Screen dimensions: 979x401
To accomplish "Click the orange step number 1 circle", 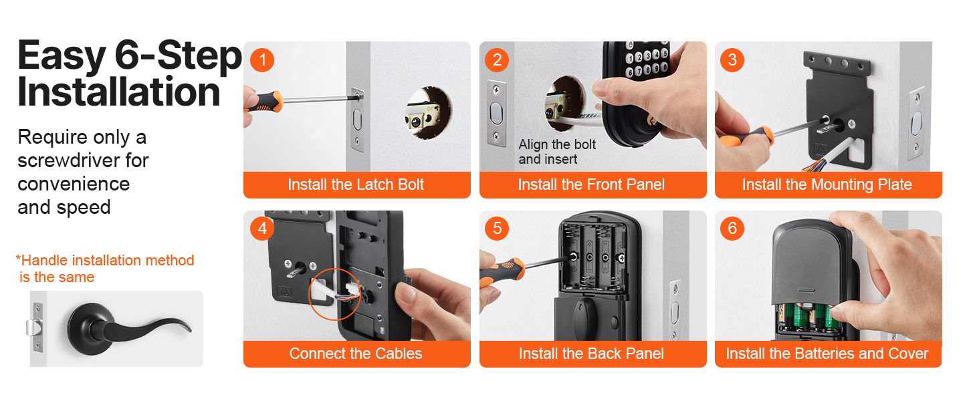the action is coord(262,60).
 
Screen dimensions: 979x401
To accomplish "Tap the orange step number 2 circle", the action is coord(497,60).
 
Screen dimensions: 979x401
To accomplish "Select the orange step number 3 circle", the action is coord(732,60).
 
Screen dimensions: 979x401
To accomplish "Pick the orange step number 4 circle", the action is coord(262,228).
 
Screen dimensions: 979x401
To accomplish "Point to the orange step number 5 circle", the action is coord(497,228).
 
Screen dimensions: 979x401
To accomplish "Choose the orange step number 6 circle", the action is coord(732,228).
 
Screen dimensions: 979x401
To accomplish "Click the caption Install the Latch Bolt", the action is coord(356,184).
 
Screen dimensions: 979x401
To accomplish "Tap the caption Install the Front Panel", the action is coord(591,184).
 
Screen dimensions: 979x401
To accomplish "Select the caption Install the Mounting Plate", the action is coord(827,184).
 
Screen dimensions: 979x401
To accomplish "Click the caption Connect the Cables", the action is coord(356,354).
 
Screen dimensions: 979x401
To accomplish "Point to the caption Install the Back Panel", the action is coord(591,354).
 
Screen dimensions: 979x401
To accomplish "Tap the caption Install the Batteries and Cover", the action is coord(827,354).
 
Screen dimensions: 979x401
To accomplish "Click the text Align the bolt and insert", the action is coord(557,152).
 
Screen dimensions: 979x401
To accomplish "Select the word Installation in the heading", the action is coord(119,92).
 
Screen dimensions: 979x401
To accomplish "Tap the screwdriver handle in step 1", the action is coord(263,104).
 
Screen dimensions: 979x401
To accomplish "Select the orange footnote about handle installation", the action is coord(105,269).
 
